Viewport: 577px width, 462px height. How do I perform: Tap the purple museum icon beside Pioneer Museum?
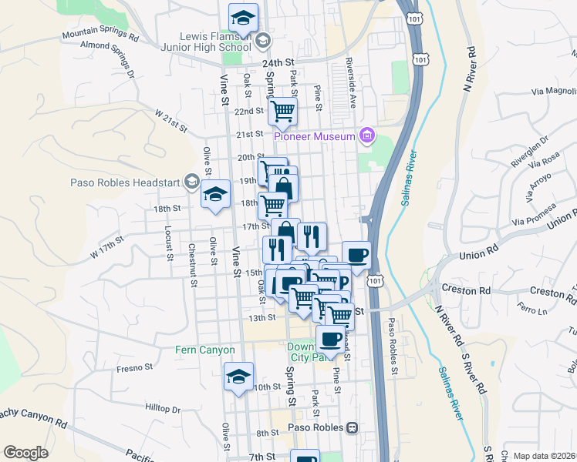367,137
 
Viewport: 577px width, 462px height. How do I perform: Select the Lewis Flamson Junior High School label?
214,42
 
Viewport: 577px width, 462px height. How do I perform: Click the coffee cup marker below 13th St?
331,338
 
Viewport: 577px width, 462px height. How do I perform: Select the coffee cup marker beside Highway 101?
356,255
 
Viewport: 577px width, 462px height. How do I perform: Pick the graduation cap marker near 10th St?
238,377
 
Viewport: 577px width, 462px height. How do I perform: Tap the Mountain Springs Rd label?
100,35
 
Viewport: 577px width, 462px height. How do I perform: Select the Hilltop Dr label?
162,410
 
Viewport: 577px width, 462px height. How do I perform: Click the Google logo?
25,453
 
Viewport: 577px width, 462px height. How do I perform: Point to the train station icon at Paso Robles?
353,427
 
